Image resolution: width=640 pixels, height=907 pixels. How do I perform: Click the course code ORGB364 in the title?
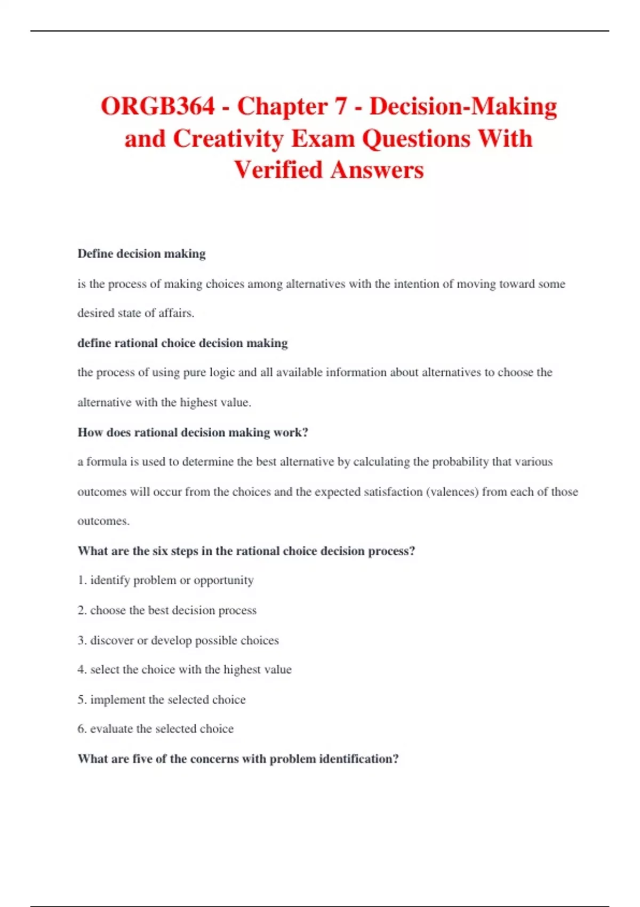point(157,106)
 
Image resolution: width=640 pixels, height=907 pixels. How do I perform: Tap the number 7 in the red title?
point(341,106)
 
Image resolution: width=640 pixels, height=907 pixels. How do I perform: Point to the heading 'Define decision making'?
point(141,254)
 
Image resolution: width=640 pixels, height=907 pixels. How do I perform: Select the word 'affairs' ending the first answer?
point(175,313)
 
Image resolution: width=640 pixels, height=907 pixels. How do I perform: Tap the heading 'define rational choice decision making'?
point(182,343)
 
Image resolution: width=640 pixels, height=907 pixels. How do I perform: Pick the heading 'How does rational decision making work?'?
point(193,432)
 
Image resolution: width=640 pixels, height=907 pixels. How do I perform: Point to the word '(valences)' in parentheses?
point(452,491)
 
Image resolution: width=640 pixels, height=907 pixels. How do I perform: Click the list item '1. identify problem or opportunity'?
point(165,580)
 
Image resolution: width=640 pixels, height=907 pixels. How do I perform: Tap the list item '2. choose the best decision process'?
point(167,610)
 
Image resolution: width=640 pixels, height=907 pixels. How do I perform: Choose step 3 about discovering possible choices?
point(178,640)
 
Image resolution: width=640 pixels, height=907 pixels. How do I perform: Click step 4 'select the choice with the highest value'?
point(185,670)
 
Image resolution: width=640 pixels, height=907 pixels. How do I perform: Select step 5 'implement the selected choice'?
point(162,699)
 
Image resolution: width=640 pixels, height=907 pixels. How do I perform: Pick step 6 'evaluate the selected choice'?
point(155,729)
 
